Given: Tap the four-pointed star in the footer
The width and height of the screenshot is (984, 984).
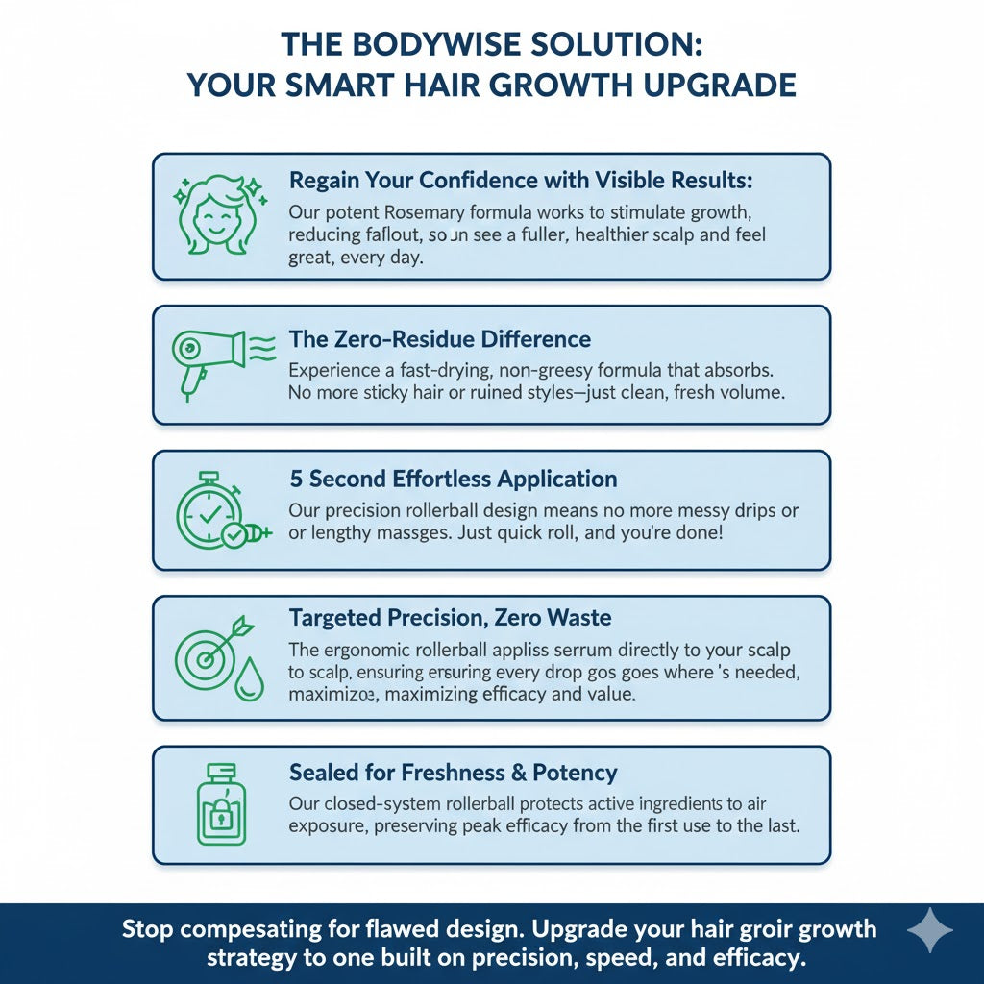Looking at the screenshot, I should pyautogui.click(x=930, y=930).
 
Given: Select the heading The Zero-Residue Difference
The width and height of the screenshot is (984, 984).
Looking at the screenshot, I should pyautogui.click(x=440, y=339).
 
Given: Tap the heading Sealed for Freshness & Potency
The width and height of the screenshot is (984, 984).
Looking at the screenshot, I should pyautogui.click(x=453, y=772).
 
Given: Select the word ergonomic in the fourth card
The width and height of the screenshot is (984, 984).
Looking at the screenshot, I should pyautogui.click(x=370, y=651).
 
